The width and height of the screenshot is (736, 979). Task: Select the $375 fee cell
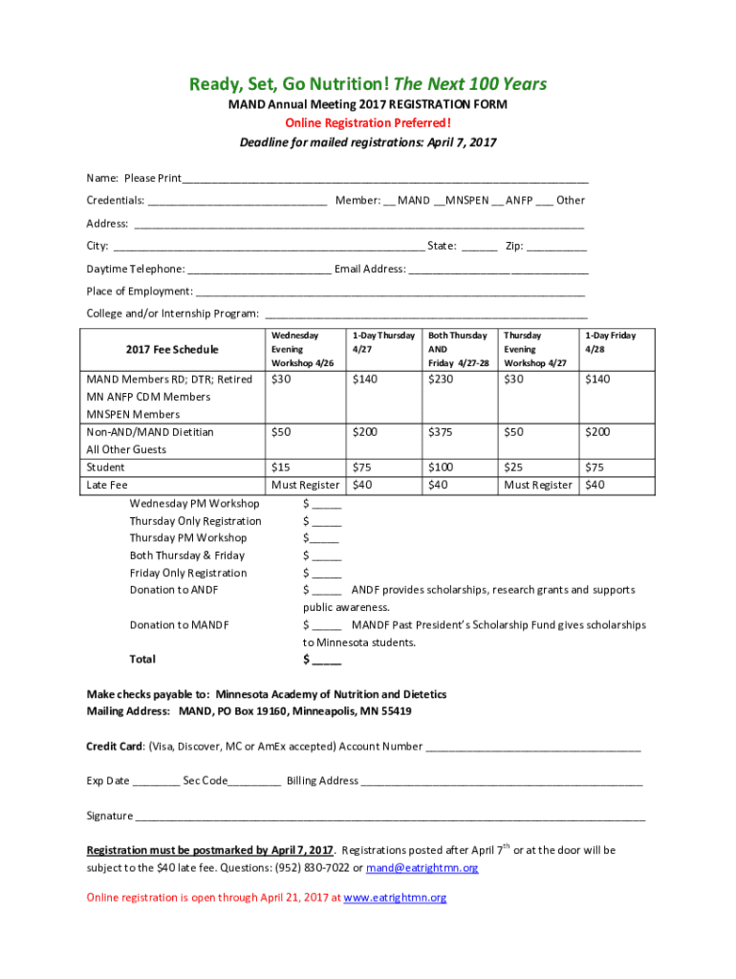coord(442,432)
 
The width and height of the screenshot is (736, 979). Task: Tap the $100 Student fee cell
coord(442,468)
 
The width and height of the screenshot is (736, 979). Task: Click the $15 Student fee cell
coord(281,468)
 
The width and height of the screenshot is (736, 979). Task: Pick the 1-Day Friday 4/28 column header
coord(610,342)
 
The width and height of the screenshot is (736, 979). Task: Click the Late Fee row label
coord(107,486)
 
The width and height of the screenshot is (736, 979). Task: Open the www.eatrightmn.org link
coord(395,898)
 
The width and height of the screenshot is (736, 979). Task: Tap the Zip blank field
coord(556,247)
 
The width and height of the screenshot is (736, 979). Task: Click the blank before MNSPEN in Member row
coord(439,202)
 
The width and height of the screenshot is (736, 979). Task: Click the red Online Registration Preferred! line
coord(367,123)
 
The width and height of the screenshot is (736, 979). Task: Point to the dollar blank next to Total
coord(326,660)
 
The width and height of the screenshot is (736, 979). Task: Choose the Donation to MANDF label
coord(180,625)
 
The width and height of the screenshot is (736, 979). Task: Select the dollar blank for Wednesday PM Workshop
coord(326,504)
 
